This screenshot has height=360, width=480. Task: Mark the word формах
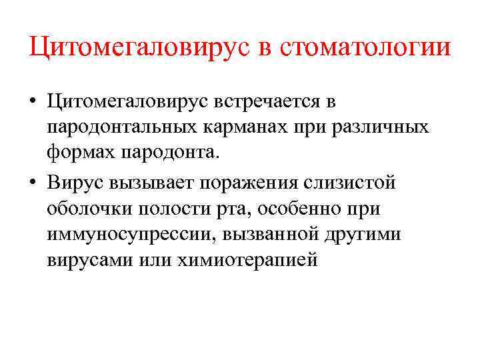pyautogui.click(x=81, y=153)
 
